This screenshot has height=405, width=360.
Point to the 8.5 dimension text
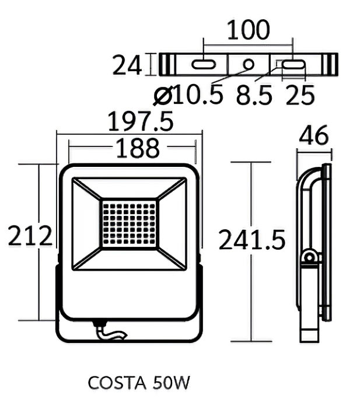click(254, 95)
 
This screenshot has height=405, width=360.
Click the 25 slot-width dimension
click(300, 95)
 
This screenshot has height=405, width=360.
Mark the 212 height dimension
click(30, 236)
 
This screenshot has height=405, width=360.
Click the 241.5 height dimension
click(251, 240)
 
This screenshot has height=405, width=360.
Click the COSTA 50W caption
click(139, 383)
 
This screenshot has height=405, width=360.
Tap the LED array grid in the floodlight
click(129, 224)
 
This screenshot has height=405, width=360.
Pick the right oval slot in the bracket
click(293, 64)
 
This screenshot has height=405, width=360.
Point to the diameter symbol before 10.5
click(162, 95)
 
